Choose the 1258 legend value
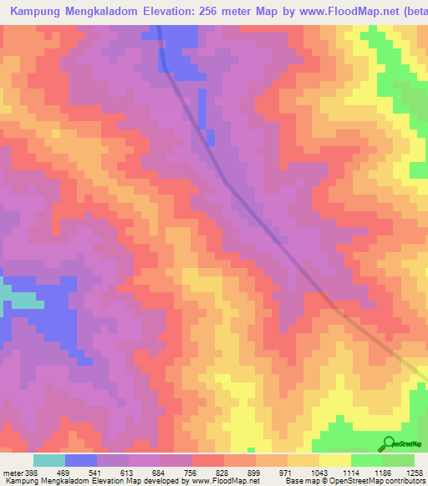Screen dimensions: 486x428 pyautogui.click(x=415, y=472)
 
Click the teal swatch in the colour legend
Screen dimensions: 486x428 pyautogui.click(x=49, y=460)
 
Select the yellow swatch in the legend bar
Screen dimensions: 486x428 pyautogui.click(x=335, y=460)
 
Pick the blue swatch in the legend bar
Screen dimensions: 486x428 pyautogui.click(x=81, y=460)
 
